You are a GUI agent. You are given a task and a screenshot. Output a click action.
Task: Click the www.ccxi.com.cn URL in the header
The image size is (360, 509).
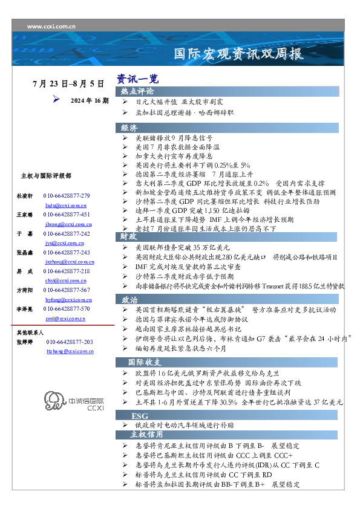(51, 27)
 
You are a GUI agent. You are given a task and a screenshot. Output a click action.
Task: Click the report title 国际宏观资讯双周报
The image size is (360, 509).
(238, 54)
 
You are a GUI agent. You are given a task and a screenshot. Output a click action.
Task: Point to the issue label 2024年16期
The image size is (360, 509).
(90, 100)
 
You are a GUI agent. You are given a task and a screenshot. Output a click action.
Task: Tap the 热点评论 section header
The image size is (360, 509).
(137, 91)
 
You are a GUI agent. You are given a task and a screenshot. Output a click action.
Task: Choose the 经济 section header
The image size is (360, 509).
(129, 128)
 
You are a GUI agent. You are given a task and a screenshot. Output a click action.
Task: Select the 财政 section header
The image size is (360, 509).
(129, 236)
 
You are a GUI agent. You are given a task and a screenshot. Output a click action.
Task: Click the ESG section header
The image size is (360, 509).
(140, 417)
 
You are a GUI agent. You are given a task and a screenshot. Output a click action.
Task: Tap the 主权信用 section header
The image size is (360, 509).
(146, 434)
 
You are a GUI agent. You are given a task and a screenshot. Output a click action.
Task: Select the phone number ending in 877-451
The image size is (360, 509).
(67, 215)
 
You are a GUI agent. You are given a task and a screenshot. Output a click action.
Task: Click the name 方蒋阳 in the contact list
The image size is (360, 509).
(24, 291)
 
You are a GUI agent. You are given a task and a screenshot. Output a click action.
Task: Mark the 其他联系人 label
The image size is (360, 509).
(29, 333)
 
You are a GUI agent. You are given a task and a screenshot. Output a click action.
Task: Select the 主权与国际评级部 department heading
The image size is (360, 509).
(46, 176)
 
